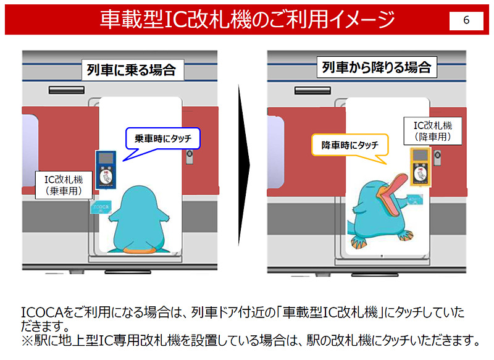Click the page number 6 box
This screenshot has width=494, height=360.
(466, 21)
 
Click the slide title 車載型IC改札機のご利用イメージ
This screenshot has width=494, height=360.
(248, 20)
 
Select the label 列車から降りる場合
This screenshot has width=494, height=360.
(377, 67)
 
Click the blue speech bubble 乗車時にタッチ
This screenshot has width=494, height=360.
(163, 138)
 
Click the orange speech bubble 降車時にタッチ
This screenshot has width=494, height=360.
(350, 145)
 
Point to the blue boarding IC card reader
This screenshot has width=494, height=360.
(106, 169)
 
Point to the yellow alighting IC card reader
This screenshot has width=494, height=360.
(421, 166)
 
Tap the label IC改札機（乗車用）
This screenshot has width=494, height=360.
(64, 185)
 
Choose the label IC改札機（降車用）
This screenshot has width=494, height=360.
(433, 131)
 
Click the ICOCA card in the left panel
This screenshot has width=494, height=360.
(101, 207)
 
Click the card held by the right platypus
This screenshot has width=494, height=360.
(414, 199)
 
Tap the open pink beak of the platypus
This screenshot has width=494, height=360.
(391, 195)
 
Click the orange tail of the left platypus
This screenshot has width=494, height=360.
(139, 250)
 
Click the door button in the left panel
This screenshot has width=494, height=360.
(190, 157)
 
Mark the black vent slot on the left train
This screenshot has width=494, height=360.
(67, 90)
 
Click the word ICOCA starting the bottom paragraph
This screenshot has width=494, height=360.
(42, 312)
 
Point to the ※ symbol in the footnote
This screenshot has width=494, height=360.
(27, 341)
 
